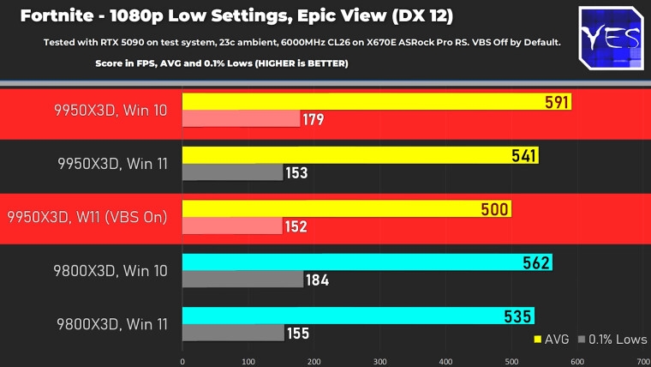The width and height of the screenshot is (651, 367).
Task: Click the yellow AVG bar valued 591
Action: coord(377,102)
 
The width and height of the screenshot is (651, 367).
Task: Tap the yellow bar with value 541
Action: coord(360,155)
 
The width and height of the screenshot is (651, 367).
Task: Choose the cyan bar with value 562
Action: coord(367,262)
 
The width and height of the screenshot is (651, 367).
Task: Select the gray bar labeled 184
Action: coord(243,280)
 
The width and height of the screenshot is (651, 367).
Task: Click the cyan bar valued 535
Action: coord(358,316)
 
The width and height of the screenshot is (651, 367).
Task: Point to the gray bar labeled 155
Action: coord(233,333)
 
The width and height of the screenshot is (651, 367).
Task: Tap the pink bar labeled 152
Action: coord(232,226)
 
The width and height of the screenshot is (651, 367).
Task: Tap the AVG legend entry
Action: coord(552,340)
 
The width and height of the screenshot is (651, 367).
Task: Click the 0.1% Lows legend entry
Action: coord(611,340)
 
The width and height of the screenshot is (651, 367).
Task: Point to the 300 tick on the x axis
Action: coord(380,361)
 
